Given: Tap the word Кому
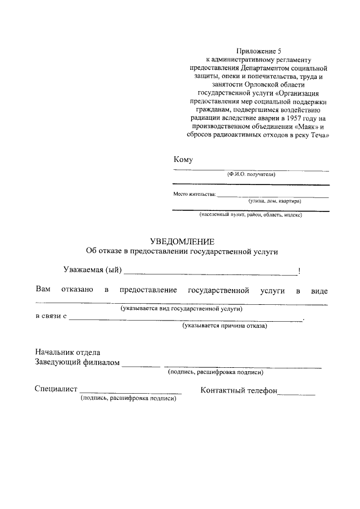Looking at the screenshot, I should [183, 160].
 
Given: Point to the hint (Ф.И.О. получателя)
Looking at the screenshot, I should [251, 175].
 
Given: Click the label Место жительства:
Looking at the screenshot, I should [194, 195].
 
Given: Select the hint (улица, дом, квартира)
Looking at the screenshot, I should [274, 201].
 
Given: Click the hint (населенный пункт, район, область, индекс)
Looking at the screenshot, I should [251, 215].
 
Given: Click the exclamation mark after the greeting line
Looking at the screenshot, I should [299, 271].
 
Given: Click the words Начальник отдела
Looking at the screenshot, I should [67, 352].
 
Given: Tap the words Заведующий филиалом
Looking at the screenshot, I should [78, 362].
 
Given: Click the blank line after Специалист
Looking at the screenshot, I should [130, 391].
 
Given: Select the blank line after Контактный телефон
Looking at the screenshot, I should [297, 394].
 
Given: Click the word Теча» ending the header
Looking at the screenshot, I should [318, 136].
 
